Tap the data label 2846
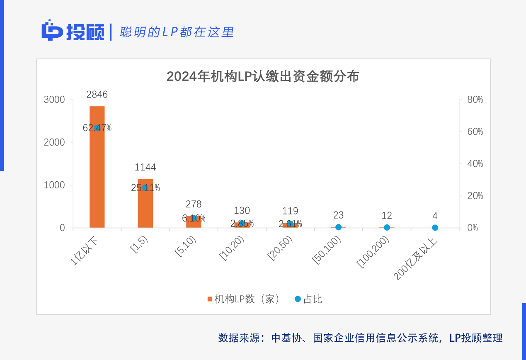[x=97, y=95]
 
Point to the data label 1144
[x=145, y=168]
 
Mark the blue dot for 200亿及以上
[x=435, y=227]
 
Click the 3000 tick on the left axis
[x=54, y=100]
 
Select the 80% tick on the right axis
[x=475, y=100]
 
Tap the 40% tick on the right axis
[x=475, y=164]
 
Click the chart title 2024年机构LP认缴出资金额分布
[x=263, y=77]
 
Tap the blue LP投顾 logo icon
[x=52, y=31]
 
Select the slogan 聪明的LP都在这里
[x=177, y=32]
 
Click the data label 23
[x=338, y=215]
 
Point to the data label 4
[x=435, y=216]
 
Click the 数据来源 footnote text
[x=360, y=338]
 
